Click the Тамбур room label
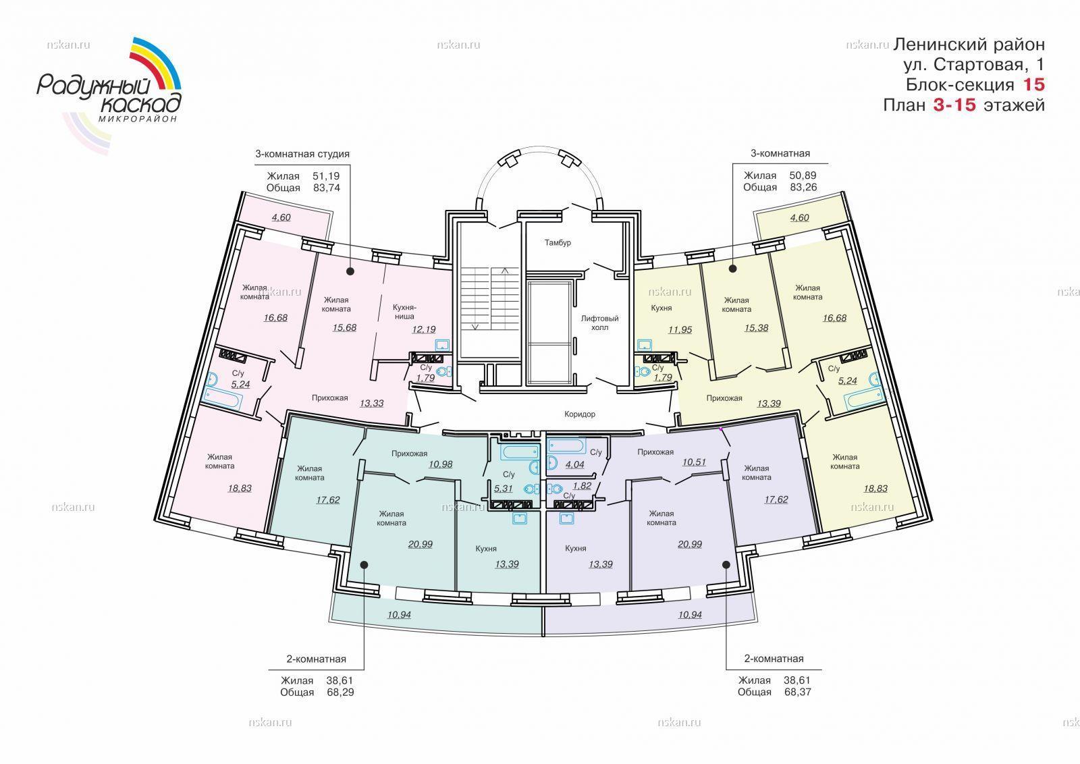(558, 242)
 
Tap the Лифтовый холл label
(600, 323)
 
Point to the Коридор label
(580, 414)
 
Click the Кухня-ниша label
(404, 312)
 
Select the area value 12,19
(424, 330)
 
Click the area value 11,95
(680, 330)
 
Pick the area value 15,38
(756, 328)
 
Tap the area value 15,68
(344, 328)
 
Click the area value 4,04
(574, 464)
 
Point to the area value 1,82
(582, 486)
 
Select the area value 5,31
(504, 489)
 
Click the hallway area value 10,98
(441, 464)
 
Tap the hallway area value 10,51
(695, 462)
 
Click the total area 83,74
(327, 188)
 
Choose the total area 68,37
(798, 692)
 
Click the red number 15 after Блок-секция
(1033, 85)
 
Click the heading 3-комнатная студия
(302, 155)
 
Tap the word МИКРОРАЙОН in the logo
(138, 119)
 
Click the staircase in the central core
(490, 299)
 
